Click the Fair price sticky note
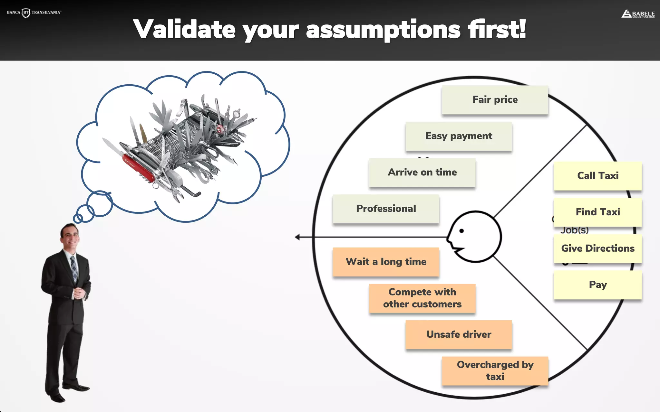click(x=495, y=100)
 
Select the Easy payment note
click(x=459, y=136)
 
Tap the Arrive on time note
click(x=422, y=173)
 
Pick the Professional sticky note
click(x=386, y=209)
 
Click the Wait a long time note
click(x=386, y=262)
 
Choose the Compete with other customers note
click(x=422, y=298)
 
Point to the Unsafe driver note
click(x=459, y=334)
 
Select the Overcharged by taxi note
click(x=495, y=371)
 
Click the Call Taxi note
click(x=598, y=176)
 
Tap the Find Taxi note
click(x=598, y=212)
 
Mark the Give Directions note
click(x=598, y=248)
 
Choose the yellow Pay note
click(x=598, y=285)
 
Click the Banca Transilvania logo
click(x=34, y=13)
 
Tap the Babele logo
click(x=638, y=14)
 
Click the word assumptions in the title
click(x=383, y=30)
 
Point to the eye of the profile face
click(x=461, y=231)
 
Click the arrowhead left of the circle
click(x=297, y=237)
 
